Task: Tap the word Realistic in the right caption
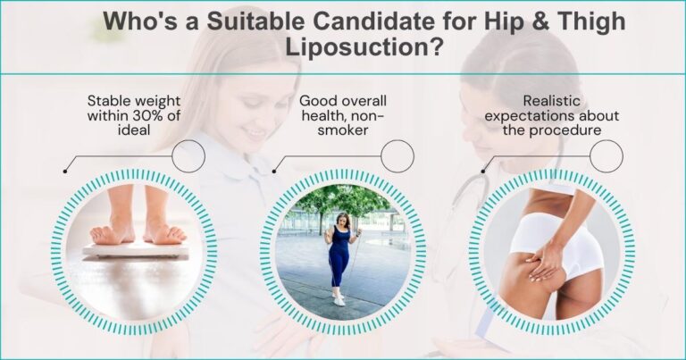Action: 548,100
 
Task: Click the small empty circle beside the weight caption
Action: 188,156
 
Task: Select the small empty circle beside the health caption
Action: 397,156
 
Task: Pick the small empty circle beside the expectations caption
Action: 606,156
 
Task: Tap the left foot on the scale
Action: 109,231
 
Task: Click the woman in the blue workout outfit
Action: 340,255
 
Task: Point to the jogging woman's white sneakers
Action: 339,300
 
